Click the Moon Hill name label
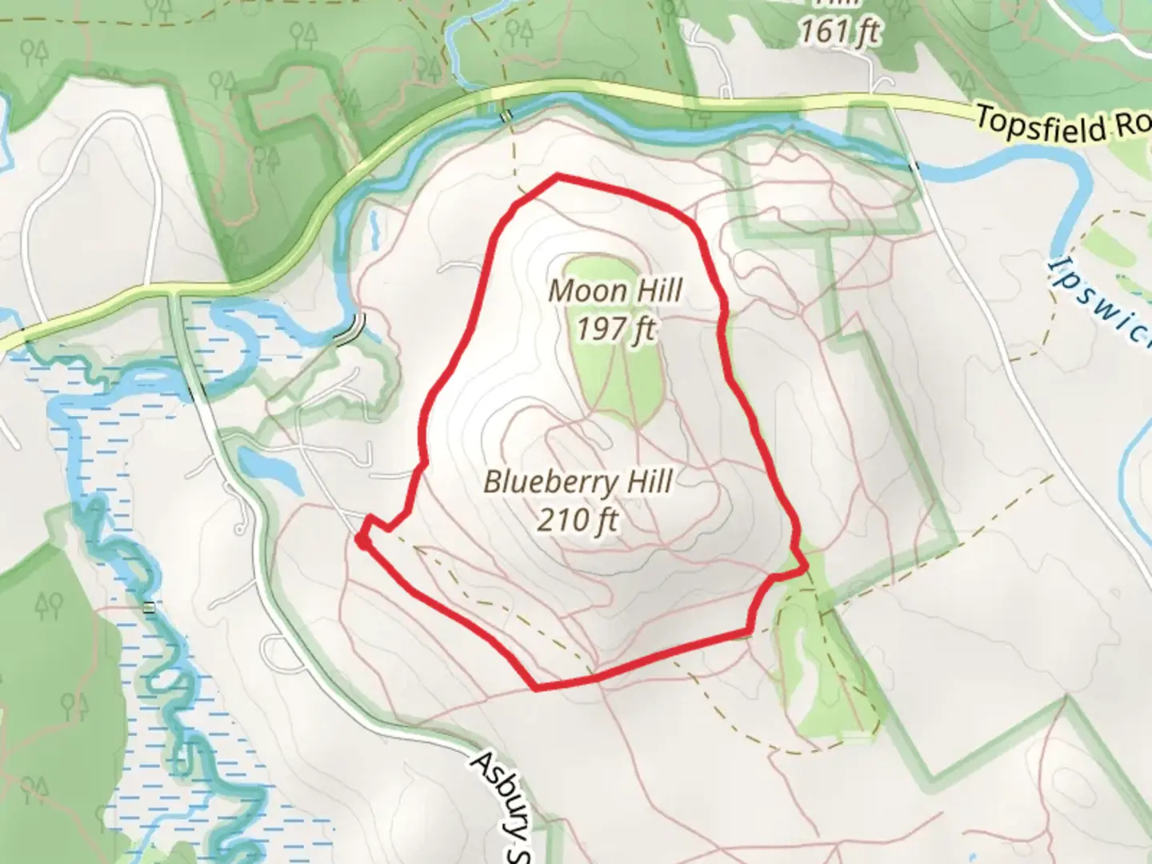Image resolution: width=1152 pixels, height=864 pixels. point(615,291)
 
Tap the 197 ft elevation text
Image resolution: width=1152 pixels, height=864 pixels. point(615,327)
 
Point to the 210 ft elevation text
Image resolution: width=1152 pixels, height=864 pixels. point(578,520)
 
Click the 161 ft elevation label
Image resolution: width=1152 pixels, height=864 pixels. point(839,32)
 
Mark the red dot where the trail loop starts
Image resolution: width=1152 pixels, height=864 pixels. point(362,542)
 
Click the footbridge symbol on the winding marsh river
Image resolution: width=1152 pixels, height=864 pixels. point(148,607)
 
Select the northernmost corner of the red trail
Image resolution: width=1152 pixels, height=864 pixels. point(557,175)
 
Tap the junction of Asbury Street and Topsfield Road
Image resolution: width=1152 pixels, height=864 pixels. point(175,294)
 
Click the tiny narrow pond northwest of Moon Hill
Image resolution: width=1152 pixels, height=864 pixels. point(374,230)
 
